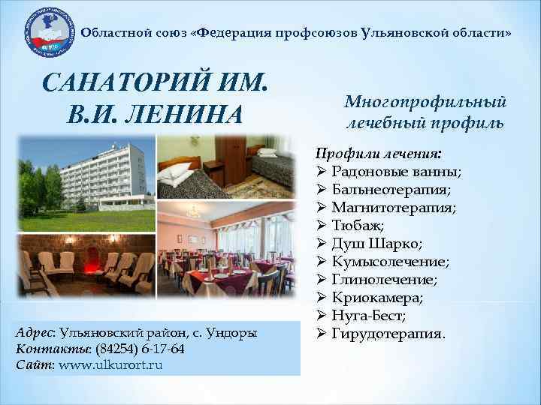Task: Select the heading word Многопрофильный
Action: pos(425,101)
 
